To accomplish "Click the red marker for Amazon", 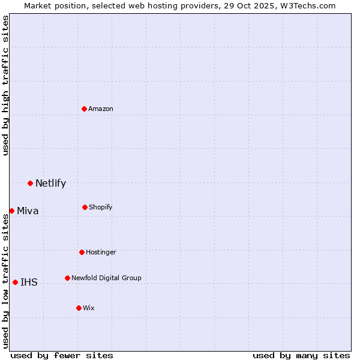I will [x=85, y=109].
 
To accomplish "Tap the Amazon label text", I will [x=101, y=109].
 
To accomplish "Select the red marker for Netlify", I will [x=30, y=183].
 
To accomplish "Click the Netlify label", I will [x=50, y=184].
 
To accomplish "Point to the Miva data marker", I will [x=11, y=211].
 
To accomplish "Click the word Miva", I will [x=28, y=211].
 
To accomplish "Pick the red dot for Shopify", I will [x=85, y=207].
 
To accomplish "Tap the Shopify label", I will [x=101, y=208].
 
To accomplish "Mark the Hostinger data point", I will [x=82, y=252].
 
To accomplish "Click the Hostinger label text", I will [x=101, y=253].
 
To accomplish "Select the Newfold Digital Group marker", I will [x=67, y=278].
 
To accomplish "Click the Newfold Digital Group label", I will [x=106, y=278].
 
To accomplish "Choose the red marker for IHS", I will [x=15, y=282].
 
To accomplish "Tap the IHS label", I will [x=29, y=283].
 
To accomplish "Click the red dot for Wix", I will [x=79, y=308].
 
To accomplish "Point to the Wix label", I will [x=89, y=308].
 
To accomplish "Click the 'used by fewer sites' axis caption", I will [x=62, y=356].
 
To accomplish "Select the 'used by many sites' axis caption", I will [x=301, y=356].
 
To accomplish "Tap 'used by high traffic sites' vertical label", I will [x=5, y=85].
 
